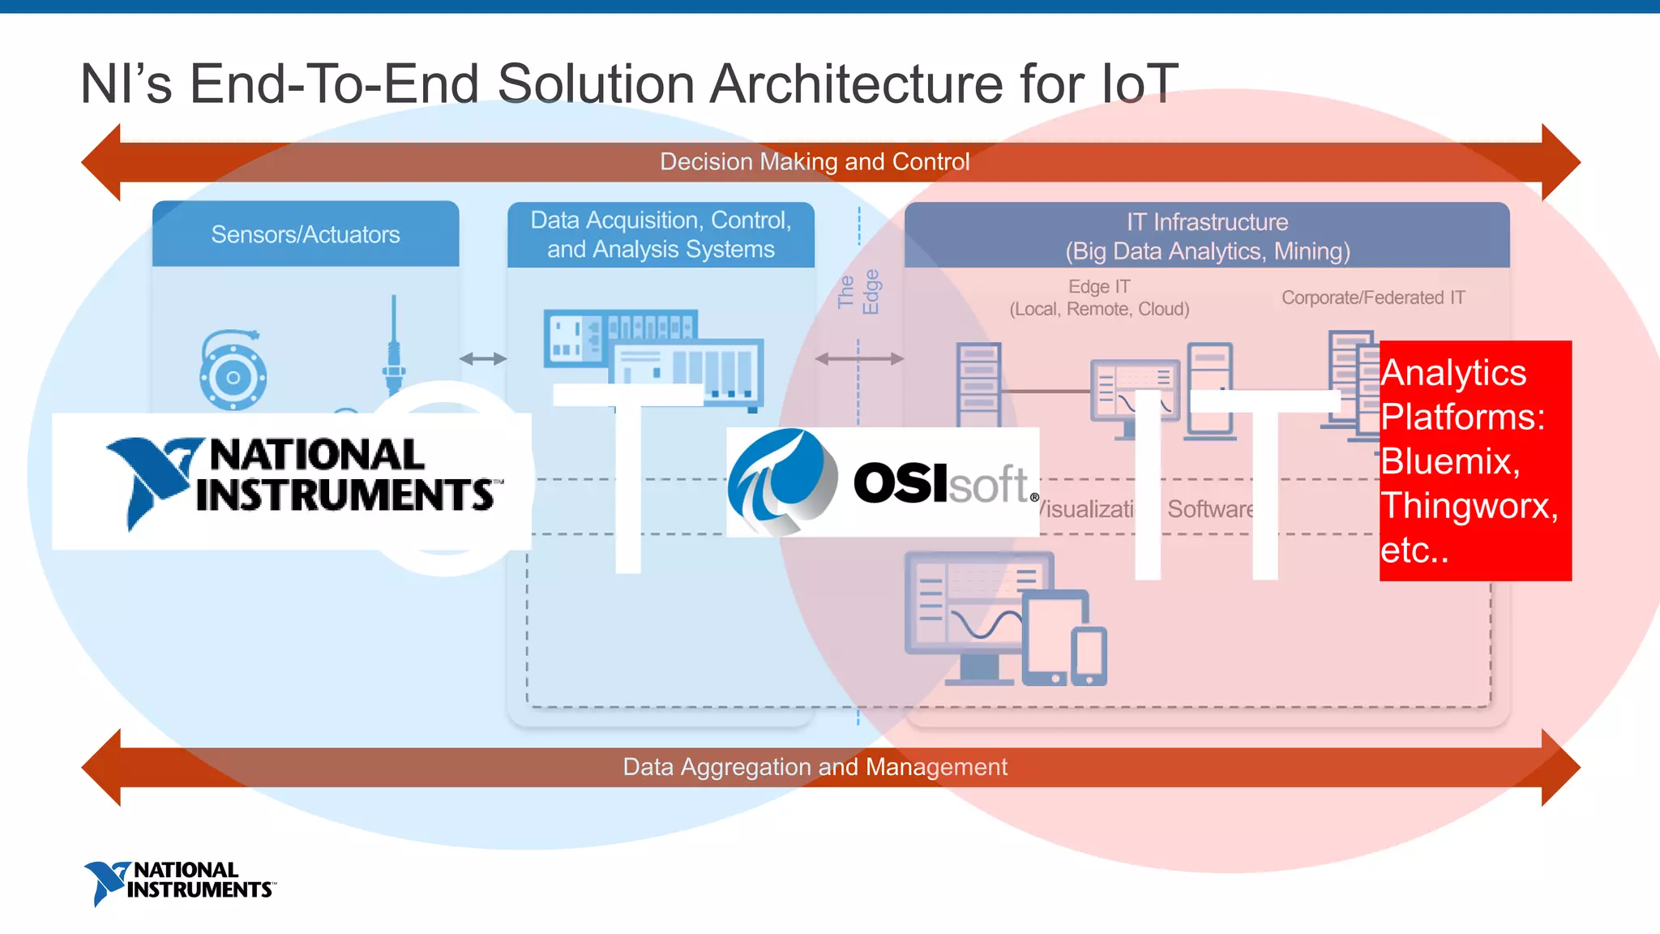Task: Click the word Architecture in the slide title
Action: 857,84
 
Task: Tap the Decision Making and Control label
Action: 815,162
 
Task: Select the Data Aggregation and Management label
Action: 815,767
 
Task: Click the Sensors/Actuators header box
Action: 306,234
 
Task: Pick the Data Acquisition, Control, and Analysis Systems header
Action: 661,234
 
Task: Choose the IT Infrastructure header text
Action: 1207,236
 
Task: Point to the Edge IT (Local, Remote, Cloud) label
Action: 1099,298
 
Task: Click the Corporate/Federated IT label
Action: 1373,298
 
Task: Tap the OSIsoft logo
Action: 882,482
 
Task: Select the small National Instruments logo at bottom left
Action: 180,882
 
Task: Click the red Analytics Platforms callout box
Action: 1475,461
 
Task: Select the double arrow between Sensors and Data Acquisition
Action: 483,358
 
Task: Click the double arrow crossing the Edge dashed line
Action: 859,358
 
